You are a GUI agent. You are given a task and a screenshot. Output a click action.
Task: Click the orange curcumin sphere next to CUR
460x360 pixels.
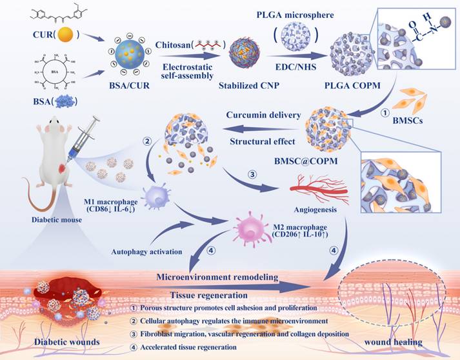[46, 34]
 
